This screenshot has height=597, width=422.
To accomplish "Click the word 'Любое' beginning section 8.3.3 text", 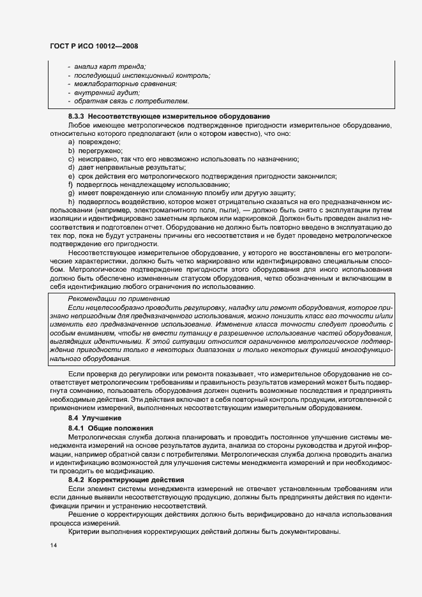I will (x=79, y=125).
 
